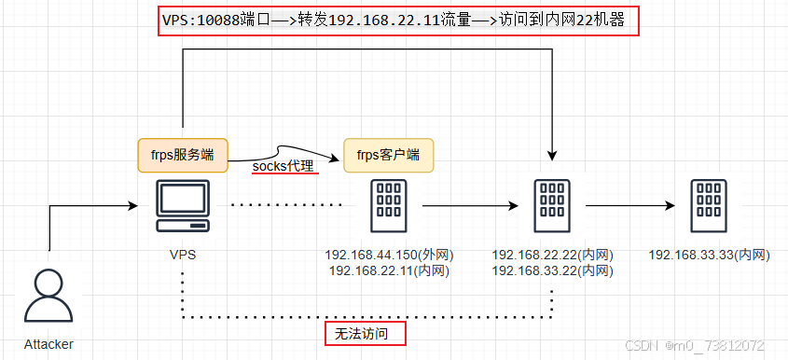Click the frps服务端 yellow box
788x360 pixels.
click(182, 155)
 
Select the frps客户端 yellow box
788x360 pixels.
click(388, 155)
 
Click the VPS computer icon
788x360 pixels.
click(182, 208)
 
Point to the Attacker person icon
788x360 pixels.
click(47, 295)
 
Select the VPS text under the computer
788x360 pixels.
click(182, 254)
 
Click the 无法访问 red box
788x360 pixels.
click(365, 333)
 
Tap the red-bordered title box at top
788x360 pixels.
click(398, 21)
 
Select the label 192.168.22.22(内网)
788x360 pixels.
click(552, 255)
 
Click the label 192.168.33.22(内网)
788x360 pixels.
click(552, 270)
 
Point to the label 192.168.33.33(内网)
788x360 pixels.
click(709, 255)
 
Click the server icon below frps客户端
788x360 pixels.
click(387, 208)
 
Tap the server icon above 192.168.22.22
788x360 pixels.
click(552, 208)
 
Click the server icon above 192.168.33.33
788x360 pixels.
click(709, 208)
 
